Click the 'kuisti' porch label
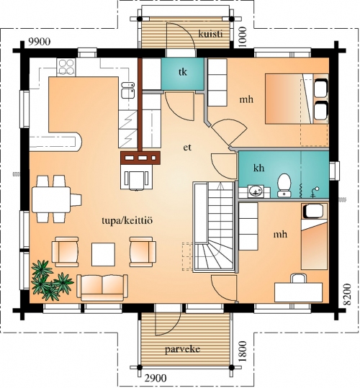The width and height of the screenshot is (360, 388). (210, 34)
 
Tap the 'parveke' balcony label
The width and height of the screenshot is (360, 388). (183, 349)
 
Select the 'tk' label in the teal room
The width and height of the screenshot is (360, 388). (183, 72)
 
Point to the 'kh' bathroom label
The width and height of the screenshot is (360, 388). (258, 168)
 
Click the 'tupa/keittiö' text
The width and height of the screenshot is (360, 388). (127, 220)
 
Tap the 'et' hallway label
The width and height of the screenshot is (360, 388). (187, 148)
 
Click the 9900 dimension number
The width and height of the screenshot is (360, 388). (40, 42)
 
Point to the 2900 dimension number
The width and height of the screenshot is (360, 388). (156, 379)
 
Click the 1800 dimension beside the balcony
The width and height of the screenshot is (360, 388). (243, 351)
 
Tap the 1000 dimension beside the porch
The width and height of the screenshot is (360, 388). (243, 37)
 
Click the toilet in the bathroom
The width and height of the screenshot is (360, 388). (284, 185)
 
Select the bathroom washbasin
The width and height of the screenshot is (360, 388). (256, 191)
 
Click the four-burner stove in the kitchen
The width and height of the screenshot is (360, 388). (66, 67)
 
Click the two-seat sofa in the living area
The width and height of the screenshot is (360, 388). (102, 287)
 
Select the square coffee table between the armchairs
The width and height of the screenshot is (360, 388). (103, 254)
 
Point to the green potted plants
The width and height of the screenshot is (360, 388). (51, 281)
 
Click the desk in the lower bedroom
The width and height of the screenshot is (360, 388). (298, 292)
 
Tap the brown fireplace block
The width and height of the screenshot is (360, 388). (140, 158)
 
